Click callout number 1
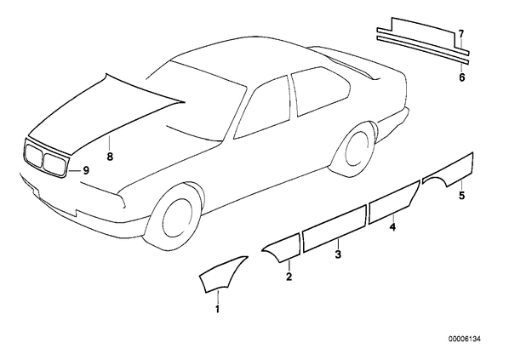coord(218,309)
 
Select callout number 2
coord(289,277)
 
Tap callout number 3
coord(338,254)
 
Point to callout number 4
coord(392,227)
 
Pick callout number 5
coord(461,195)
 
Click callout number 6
coord(461,77)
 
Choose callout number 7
coord(461,33)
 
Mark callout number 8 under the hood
coord(110,157)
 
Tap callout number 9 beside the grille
coord(86,170)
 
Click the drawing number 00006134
coord(465,340)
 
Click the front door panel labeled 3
coord(335,229)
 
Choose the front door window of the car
coord(265,109)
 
